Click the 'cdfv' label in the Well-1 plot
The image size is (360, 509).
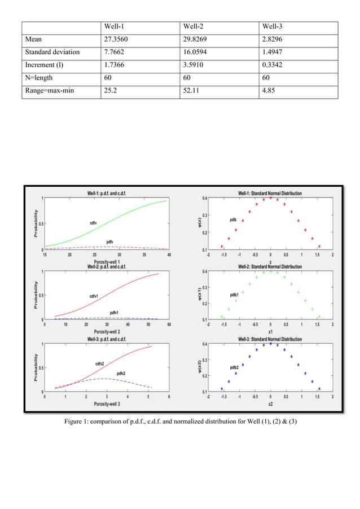coord(94,223)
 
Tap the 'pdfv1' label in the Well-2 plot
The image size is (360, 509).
coord(115,312)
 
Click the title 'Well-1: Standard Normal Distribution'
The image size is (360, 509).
coord(270,194)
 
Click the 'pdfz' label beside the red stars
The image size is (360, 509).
coord(233,219)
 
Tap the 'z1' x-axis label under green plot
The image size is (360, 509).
coord(270,332)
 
